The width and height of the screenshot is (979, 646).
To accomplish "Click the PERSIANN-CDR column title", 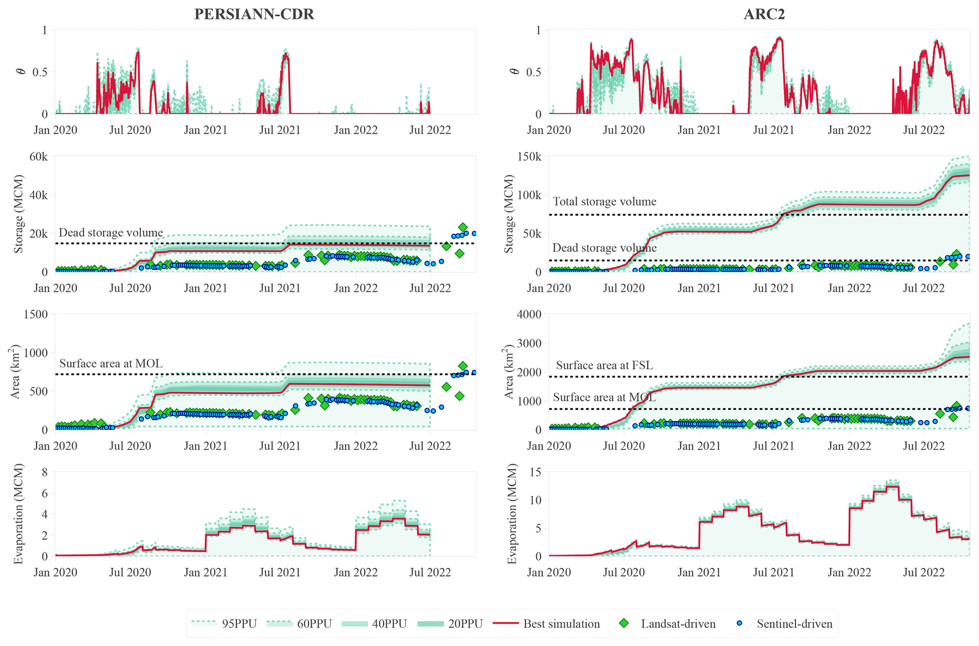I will pyautogui.click(x=254, y=15).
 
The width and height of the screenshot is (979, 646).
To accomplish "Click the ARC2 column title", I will pyautogui.click(x=764, y=15).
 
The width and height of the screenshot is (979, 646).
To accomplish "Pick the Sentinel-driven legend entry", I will pyautogui.click(x=786, y=624).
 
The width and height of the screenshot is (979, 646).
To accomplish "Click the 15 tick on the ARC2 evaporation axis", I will pyautogui.click(x=536, y=472).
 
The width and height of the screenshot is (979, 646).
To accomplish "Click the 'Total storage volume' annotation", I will pyautogui.click(x=604, y=202).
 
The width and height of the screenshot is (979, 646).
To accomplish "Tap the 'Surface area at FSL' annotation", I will pyautogui.click(x=604, y=365).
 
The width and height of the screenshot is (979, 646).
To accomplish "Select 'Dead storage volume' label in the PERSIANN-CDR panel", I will pyautogui.click(x=111, y=233).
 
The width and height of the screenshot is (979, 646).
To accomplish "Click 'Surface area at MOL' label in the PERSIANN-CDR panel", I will pyautogui.click(x=111, y=364).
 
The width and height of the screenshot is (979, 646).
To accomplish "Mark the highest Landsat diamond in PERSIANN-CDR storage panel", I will pyautogui.click(x=463, y=227).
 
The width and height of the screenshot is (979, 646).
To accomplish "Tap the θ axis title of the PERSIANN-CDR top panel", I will pyautogui.click(x=20, y=72).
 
